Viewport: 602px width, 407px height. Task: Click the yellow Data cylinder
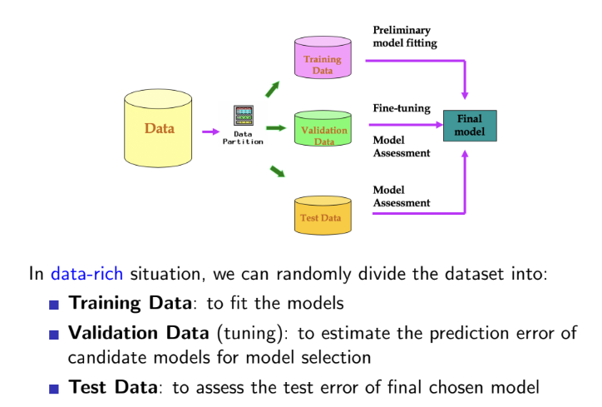[160, 129]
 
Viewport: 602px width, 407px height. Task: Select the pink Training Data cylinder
[322, 59]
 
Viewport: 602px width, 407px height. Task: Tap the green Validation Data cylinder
[323, 131]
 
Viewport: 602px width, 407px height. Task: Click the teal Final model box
[469, 124]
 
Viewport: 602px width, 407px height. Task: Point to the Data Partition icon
[243, 116]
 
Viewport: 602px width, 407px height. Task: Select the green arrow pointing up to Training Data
[273, 87]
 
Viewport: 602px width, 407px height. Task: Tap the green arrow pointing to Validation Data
[275, 127]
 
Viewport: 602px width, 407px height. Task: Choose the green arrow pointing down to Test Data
[277, 171]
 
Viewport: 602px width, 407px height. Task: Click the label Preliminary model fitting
[404, 37]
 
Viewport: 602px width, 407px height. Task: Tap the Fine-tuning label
[401, 108]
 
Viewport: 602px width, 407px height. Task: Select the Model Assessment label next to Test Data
[401, 196]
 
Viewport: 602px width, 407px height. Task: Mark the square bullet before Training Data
[56, 305]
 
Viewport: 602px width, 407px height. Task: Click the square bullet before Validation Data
[56, 335]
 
